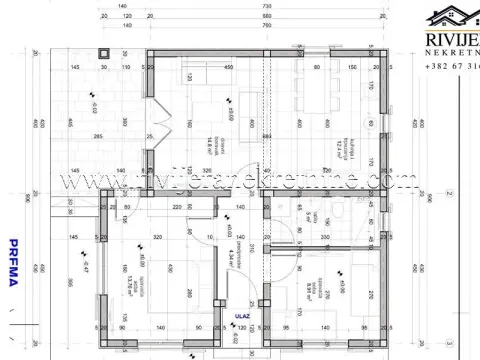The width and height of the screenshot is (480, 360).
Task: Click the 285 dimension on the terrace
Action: coord(99,135)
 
